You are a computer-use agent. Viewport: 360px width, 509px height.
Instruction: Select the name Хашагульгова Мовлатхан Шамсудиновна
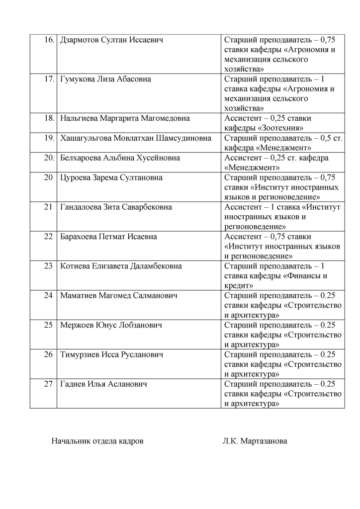pyautogui.click(x=135, y=138)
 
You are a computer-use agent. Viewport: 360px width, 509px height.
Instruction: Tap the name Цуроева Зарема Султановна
pyautogui.click(x=111, y=177)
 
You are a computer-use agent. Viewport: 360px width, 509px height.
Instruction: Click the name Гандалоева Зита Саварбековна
pyautogui.click(x=116, y=207)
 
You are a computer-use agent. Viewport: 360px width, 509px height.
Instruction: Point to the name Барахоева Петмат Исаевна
pyautogui.click(x=108, y=237)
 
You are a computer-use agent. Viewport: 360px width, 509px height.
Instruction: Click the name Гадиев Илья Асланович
pyautogui.click(x=103, y=384)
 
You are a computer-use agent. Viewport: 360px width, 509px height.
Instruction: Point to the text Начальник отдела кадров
pyautogui.click(x=98, y=441)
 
